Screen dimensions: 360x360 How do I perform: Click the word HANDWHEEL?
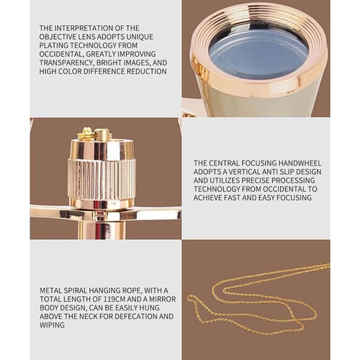pyautogui.click(x=300, y=163)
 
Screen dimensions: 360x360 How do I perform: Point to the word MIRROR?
pyautogui.click(x=163, y=300)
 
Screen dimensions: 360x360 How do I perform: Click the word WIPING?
pyautogui.click(x=52, y=325)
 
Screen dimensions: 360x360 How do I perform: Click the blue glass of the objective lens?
pyautogui.click(x=258, y=54)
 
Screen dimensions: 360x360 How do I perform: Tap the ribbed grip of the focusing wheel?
pyautogui.click(x=102, y=179)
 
